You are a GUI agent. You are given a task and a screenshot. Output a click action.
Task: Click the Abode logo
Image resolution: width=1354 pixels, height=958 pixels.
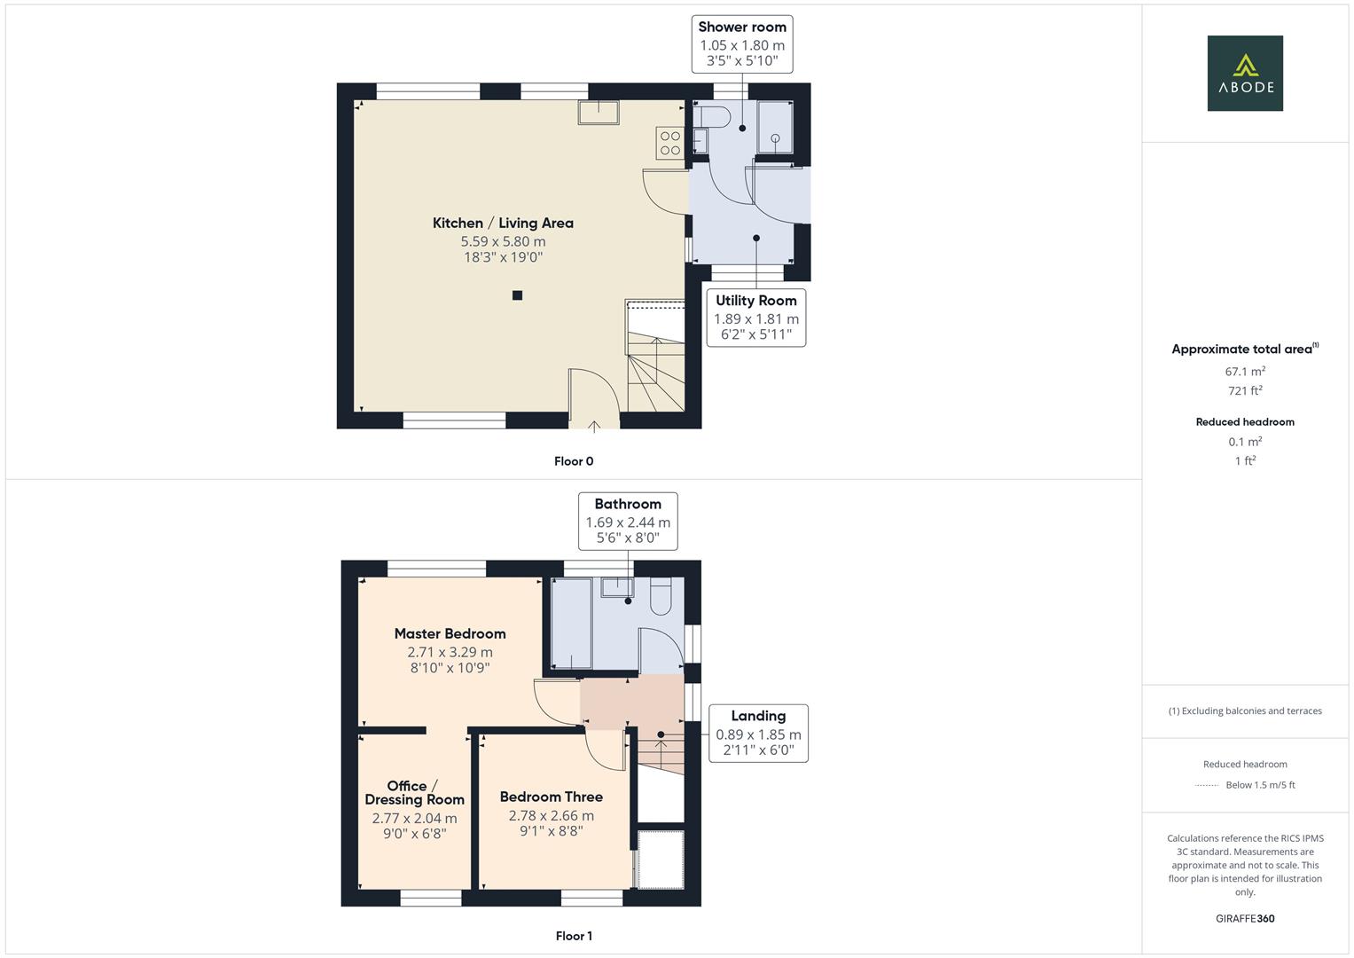(1244, 73)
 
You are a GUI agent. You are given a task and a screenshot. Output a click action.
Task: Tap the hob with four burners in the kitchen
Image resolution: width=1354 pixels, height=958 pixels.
(669, 143)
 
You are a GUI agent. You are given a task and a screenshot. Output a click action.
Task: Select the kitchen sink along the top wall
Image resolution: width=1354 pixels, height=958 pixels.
(599, 112)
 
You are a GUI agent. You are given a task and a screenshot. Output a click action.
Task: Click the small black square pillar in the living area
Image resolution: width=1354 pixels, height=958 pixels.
(517, 295)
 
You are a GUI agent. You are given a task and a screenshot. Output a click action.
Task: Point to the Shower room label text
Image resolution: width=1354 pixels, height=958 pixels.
(742, 27)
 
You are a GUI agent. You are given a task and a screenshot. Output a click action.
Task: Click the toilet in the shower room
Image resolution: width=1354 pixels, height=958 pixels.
(711, 116)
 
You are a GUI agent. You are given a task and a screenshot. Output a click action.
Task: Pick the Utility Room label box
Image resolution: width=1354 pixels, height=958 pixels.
(756, 317)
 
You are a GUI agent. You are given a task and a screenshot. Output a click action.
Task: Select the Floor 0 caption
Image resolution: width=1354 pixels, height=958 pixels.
(573, 461)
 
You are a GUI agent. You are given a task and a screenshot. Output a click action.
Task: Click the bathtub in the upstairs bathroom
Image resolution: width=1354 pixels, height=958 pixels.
(571, 623)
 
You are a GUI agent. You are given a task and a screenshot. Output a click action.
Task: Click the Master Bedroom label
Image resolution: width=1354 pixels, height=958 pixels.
(450, 633)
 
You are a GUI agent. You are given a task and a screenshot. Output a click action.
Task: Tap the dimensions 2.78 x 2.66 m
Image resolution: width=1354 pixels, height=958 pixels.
(551, 816)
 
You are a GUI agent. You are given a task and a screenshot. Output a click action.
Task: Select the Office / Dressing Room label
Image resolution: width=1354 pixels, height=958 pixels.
(414, 792)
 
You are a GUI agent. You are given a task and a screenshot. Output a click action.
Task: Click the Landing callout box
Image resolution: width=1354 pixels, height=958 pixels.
(758, 733)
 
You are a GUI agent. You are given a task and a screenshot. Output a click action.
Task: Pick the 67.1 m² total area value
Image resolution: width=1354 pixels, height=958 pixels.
(1244, 372)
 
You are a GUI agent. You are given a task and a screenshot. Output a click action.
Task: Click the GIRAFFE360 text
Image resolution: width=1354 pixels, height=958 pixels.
(1244, 918)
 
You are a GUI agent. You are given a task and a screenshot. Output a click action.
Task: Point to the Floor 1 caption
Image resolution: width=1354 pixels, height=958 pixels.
(573, 936)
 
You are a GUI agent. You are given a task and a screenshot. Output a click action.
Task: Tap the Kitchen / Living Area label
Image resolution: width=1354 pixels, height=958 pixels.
(503, 224)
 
